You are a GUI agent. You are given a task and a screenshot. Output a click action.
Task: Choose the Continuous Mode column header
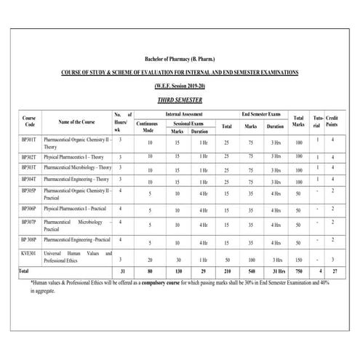click(x=150, y=127)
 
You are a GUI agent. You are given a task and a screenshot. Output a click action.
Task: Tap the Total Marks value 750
click(x=298, y=271)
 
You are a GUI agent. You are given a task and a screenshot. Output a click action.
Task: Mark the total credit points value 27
click(x=332, y=271)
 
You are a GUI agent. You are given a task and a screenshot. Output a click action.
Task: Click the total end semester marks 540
click(x=252, y=271)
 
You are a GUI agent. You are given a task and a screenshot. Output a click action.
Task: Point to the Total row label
click(x=25, y=270)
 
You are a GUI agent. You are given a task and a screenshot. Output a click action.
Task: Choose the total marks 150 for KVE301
click(x=298, y=259)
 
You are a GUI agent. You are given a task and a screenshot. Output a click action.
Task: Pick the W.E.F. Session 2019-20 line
click(x=180, y=86)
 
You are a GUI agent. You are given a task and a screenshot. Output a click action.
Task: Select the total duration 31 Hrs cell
click(x=276, y=271)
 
